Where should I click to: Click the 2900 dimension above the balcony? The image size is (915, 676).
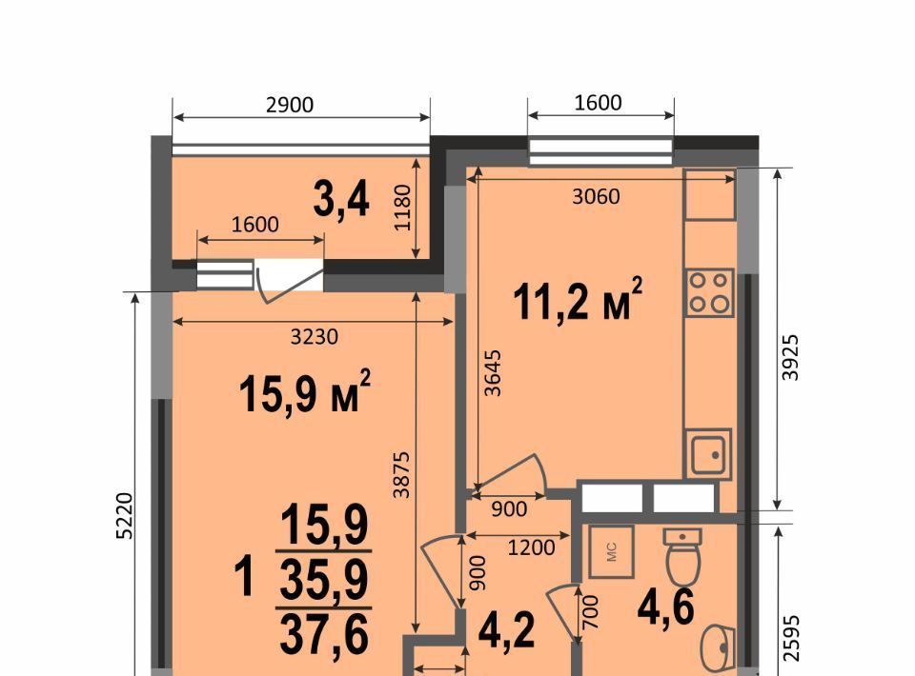(290, 105)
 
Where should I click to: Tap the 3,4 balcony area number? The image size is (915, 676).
(341, 200)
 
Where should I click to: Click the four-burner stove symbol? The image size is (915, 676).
(709, 292)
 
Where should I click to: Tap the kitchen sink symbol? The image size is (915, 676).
(708, 454)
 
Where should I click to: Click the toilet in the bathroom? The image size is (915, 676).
(682, 557)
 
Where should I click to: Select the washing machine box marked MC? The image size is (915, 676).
(611, 551)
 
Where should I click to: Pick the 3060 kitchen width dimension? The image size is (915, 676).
(596, 197)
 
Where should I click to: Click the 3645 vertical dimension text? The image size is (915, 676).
(493, 373)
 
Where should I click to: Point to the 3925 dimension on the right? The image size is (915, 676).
(789, 357)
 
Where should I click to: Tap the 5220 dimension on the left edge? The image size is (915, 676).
(124, 516)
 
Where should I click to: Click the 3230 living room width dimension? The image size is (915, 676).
(314, 337)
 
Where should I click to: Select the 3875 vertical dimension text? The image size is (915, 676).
(401, 475)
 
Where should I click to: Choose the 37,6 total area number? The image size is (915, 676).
(324, 636)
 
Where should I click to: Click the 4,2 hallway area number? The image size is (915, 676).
(506, 630)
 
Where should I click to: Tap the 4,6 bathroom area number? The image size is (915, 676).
(666, 606)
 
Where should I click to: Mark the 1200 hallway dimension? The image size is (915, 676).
(531, 547)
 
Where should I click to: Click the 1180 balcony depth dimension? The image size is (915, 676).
(402, 208)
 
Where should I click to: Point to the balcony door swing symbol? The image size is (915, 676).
(289, 282)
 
